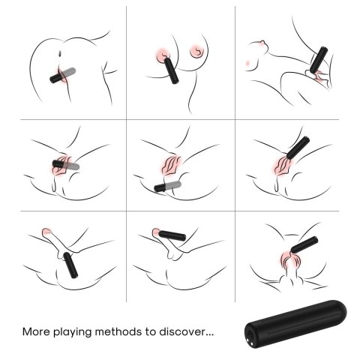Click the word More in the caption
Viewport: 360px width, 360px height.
coord(37,330)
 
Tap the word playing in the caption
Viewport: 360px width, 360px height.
coord(78,331)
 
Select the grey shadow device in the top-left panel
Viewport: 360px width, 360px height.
coord(73,73)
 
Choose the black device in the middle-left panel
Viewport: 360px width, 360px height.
coord(60,163)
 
